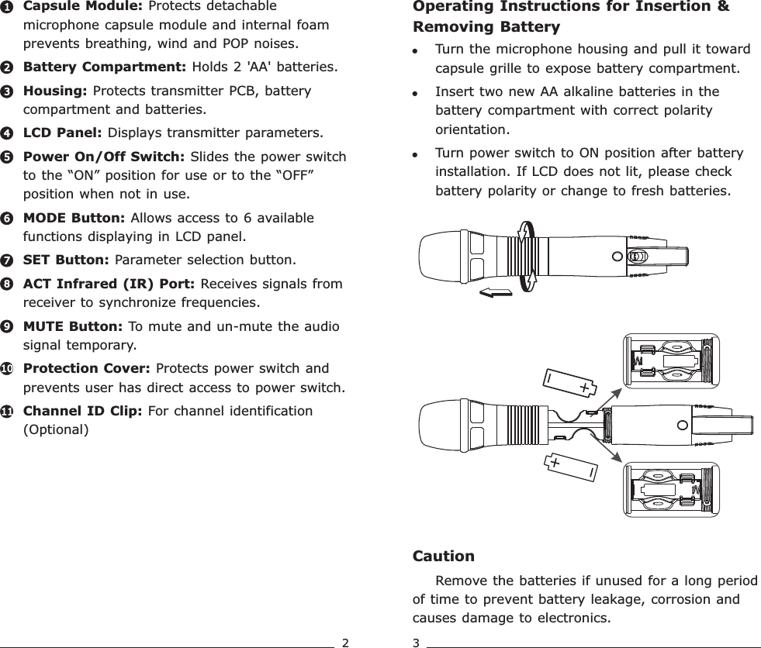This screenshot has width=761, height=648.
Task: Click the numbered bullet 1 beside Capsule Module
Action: point(6,7)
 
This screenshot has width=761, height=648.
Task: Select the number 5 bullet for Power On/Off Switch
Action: point(6,157)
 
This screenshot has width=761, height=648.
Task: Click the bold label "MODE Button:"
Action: point(71,219)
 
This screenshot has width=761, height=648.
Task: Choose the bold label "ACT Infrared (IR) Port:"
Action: point(109,284)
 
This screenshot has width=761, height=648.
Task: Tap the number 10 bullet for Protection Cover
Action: point(6,370)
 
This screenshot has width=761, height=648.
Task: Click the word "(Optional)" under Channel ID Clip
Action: point(56,429)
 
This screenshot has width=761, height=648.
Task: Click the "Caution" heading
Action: point(443,557)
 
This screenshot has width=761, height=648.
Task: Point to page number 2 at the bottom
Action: point(346,642)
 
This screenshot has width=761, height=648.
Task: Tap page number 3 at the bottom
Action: point(417,642)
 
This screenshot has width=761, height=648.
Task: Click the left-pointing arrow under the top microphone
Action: point(496,292)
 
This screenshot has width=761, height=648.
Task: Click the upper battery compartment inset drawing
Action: point(672,360)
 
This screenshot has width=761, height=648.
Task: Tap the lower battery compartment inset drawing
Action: point(672,490)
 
